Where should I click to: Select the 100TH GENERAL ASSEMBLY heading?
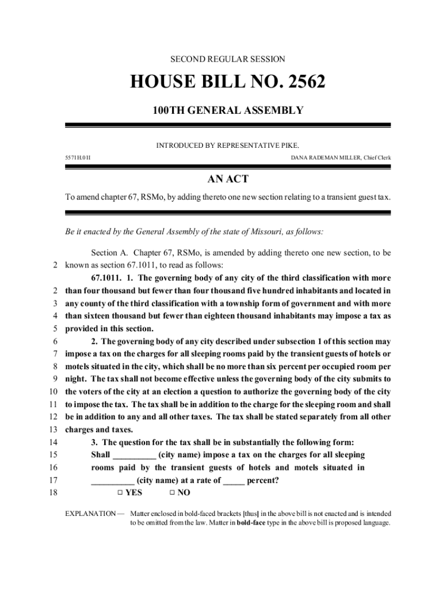point(227,109)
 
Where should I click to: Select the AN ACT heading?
point(228,179)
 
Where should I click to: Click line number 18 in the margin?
point(55,493)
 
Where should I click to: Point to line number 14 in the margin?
point(55,442)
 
